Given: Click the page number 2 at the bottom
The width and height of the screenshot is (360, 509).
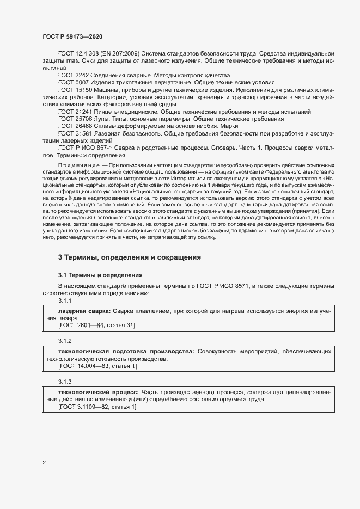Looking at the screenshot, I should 44,463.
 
